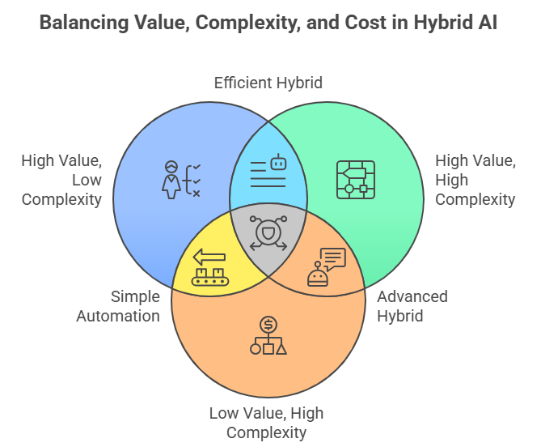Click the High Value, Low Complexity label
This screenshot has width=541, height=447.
(x=61, y=179)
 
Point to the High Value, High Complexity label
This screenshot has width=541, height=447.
(x=475, y=179)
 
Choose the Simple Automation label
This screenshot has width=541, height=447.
(x=118, y=305)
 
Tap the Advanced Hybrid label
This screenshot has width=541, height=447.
(x=412, y=305)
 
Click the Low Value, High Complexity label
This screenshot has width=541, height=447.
(x=266, y=422)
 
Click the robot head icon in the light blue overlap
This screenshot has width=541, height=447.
(x=278, y=163)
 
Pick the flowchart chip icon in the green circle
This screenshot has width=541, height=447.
(x=355, y=180)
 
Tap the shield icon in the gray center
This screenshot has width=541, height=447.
(x=268, y=234)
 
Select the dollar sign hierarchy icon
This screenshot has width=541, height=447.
(x=268, y=336)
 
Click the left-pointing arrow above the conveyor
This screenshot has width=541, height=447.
(x=209, y=257)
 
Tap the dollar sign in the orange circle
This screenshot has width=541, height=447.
(x=268, y=324)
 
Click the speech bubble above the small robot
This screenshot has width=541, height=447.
(x=332, y=258)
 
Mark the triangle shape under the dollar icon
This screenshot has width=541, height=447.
(x=281, y=349)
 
